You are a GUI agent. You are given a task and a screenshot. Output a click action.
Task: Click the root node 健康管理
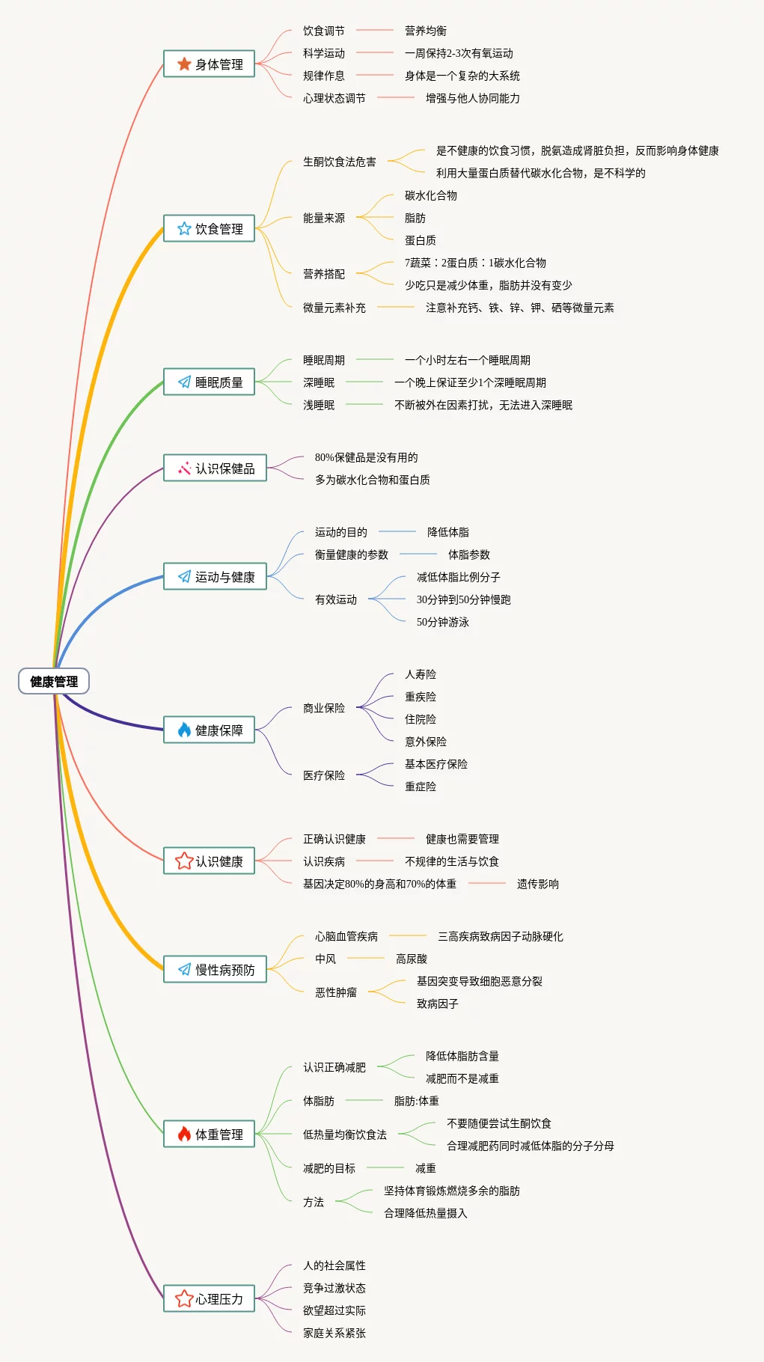click(54, 681)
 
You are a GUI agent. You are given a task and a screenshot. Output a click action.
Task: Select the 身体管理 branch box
click(209, 64)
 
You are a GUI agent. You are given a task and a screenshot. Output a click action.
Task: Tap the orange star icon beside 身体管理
click(184, 64)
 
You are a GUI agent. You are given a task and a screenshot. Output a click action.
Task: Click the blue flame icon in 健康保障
click(184, 730)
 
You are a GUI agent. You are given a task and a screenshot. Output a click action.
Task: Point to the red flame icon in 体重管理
click(184, 1134)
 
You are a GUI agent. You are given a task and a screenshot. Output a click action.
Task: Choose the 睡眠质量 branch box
click(209, 382)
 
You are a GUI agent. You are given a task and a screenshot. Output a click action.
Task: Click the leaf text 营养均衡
click(425, 31)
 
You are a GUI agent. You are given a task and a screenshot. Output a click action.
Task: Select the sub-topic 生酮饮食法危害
click(339, 162)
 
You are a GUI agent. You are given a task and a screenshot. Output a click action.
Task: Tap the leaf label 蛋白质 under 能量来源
click(420, 240)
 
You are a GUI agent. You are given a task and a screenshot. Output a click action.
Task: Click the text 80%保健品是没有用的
click(366, 457)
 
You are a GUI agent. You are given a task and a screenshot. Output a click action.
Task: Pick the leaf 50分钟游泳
click(442, 622)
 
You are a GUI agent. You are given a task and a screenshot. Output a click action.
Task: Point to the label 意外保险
click(425, 742)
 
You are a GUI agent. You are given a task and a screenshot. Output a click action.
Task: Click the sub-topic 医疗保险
click(323, 775)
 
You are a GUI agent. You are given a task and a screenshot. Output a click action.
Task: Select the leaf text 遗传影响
click(537, 884)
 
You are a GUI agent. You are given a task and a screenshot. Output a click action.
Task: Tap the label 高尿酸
click(411, 959)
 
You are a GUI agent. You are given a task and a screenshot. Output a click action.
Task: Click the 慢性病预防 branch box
click(215, 970)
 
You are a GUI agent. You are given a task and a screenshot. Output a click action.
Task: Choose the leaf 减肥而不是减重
click(462, 1078)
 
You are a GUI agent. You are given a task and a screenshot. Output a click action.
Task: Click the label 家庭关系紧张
click(334, 1333)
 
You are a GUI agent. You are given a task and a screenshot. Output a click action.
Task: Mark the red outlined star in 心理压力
click(184, 1298)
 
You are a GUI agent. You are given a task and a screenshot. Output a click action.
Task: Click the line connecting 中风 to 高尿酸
click(366, 958)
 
